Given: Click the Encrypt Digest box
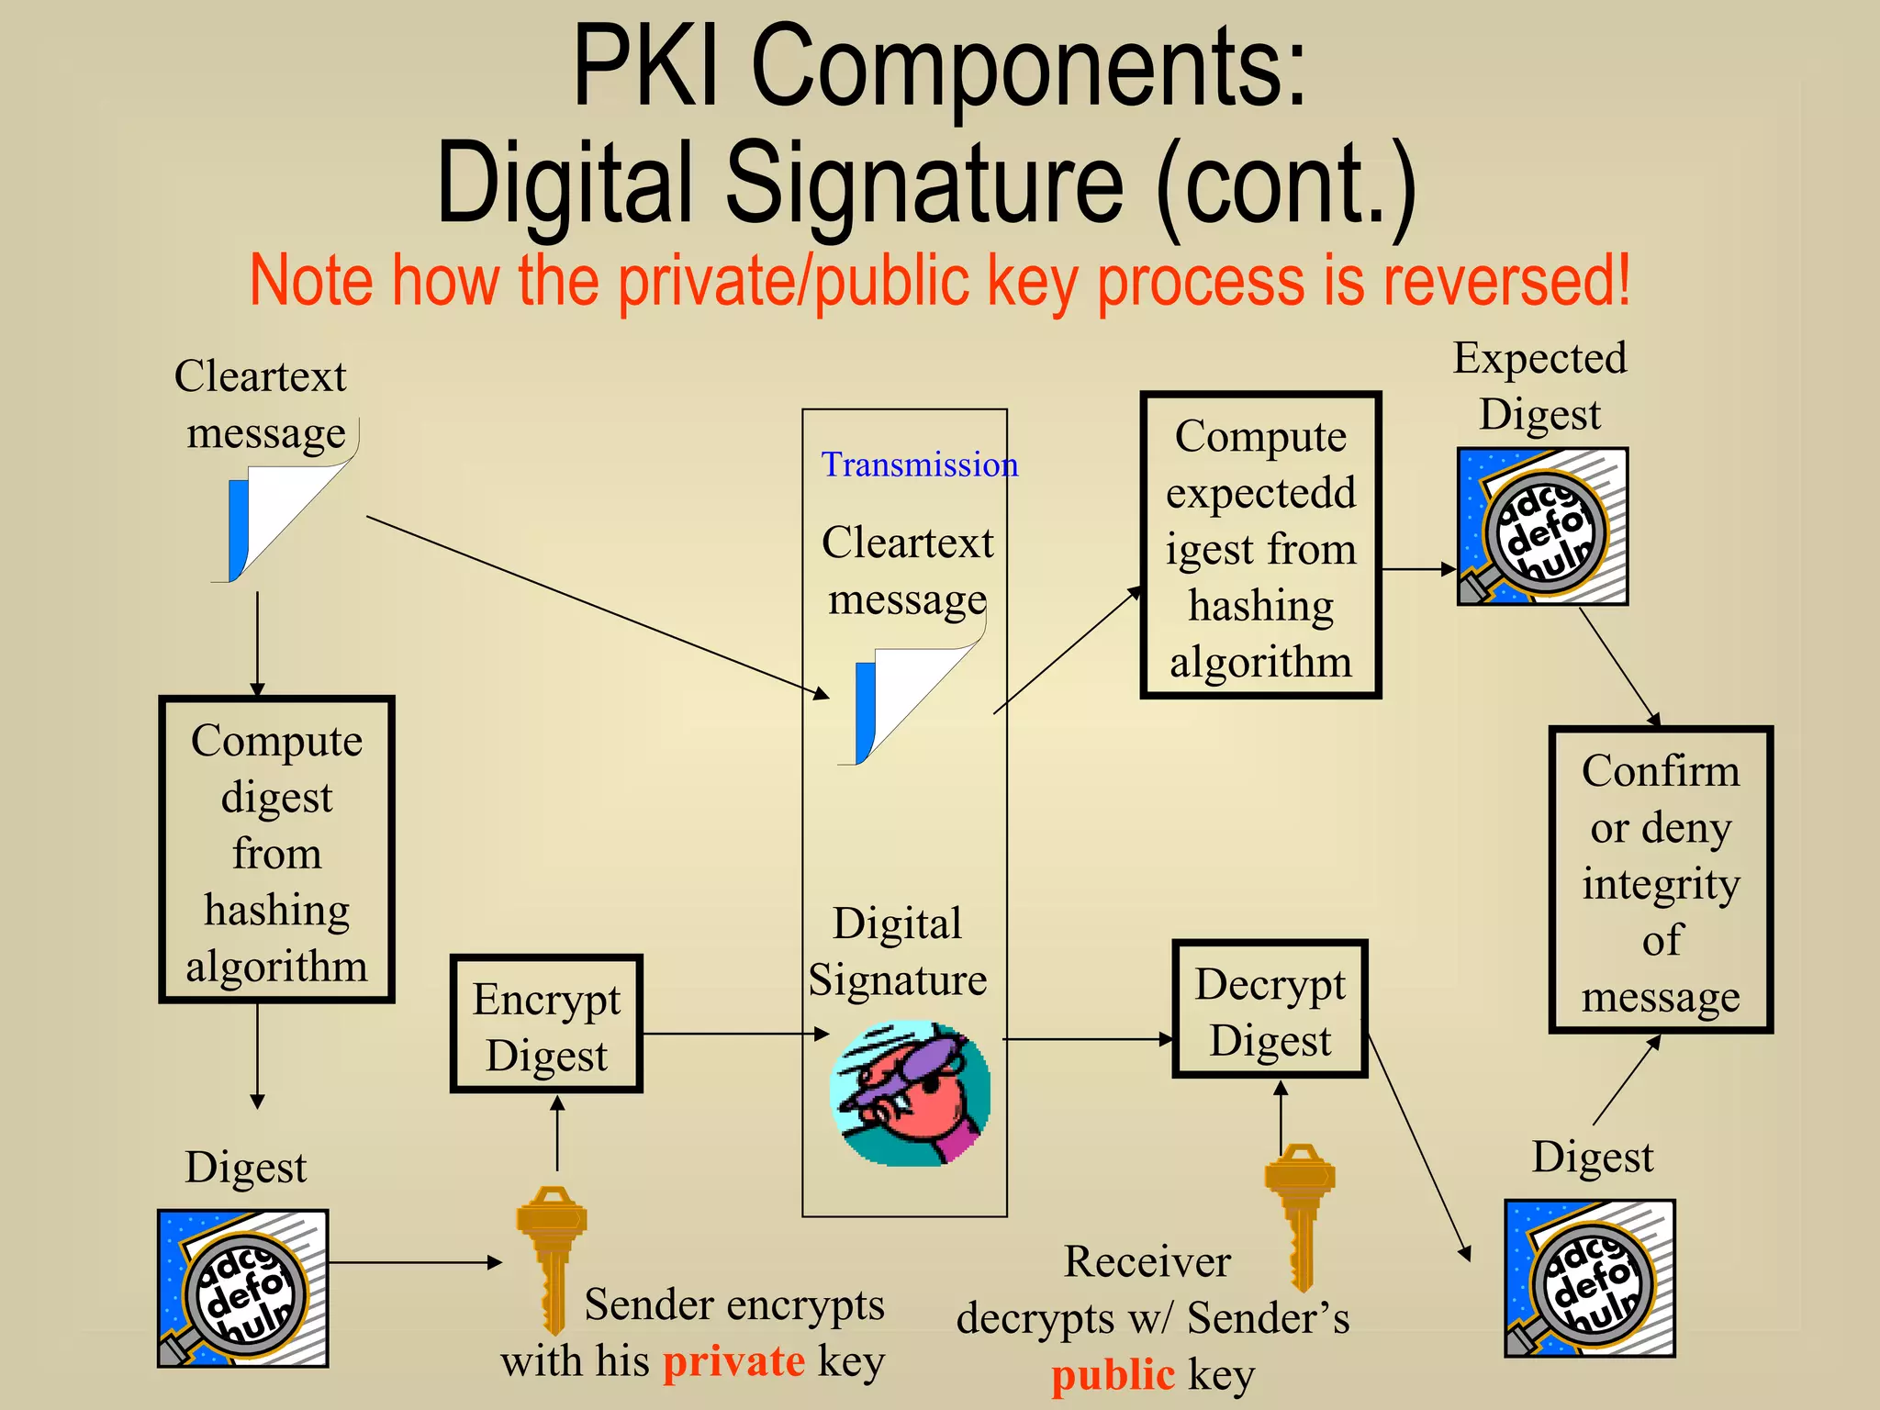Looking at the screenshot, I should (x=546, y=1024).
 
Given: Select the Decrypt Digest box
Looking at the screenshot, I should (x=1270, y=1010).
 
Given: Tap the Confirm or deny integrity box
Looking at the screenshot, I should (x=1661, y=880).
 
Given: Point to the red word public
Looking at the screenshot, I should (x=1113, y=1375).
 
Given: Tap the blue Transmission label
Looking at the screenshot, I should (x=919, y=464).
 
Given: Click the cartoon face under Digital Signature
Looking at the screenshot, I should (x=910, y=1092).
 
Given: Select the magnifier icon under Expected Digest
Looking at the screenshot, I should (x=1542, y=527).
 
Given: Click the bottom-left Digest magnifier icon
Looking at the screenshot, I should (x=243, y=1289).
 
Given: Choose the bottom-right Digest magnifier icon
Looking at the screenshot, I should (x=1590, y=1279).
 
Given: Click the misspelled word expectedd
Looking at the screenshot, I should (x=1260, y=493).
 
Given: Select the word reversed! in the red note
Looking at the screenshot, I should (x=1506, y=280).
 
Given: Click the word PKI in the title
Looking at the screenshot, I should (x=645, y=69).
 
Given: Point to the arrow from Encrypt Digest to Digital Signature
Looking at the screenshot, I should (x=734, y=1034).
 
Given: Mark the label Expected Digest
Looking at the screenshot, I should (x=1539, y=386).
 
